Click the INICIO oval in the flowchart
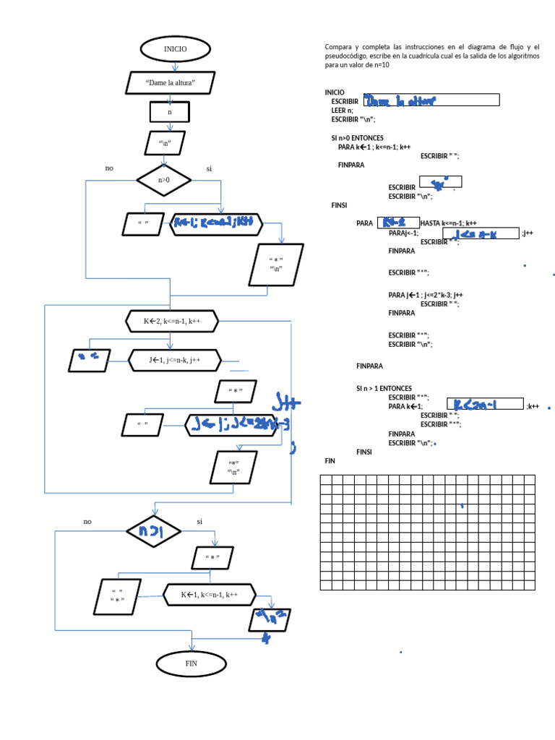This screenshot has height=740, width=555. (175, 49)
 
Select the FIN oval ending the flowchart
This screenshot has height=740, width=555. (191, 663)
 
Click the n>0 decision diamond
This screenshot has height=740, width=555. (164, 180)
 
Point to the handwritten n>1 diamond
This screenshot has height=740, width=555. (153, 531)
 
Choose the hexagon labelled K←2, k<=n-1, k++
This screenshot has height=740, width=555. (171, 321)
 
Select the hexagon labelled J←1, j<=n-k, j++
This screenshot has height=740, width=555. (173, 360)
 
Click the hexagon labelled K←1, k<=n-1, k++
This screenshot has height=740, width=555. (210, 595)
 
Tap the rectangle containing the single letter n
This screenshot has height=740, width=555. (170, 112)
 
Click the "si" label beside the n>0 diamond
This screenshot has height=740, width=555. (209, 168)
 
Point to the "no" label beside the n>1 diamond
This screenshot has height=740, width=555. (87, 521)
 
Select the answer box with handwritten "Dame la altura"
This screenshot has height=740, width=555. (431, 100)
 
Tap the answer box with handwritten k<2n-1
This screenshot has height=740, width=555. (484, 405)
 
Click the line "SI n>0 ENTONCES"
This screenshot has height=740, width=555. (358, 137)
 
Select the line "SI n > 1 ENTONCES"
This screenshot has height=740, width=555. (384, 388)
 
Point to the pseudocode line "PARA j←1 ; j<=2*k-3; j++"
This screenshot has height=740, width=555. (425, 295)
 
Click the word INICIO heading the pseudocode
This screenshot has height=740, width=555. (335, 92)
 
